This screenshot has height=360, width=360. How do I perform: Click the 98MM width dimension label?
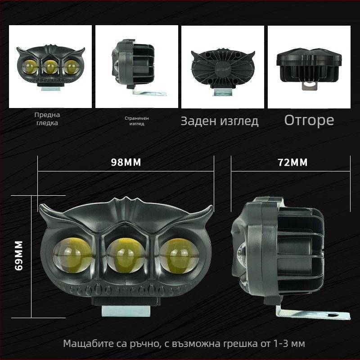[x=126, y=162]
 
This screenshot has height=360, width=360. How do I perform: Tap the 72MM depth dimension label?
[x=292, y=162]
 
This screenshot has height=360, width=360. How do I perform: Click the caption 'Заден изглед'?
[x=220, y=121]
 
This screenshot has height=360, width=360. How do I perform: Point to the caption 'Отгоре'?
[x=309, y=120]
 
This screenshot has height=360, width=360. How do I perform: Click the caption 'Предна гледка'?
[x=47, y=119]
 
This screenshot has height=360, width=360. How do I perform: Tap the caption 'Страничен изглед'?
[x=137, y=121]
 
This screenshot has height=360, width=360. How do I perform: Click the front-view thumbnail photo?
[x=50, y=67]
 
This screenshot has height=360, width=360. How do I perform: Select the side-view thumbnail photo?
[x=136, y=67]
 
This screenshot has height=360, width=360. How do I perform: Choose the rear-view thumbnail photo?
[x=222, y=67]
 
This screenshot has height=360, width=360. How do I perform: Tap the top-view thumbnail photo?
[x=309, y=67]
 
